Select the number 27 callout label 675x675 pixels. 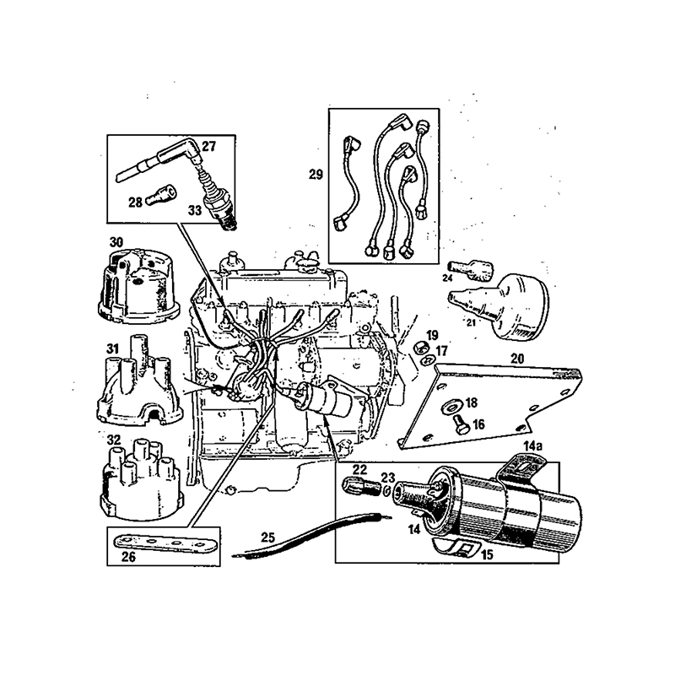coord(208,146)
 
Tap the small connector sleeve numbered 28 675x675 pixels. coord(161,196)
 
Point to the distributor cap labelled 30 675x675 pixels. coord(138,284)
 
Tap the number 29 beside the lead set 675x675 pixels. coord(316,175)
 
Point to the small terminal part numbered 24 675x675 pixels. coord(472,269)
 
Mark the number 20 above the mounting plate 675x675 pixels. coord(517,358)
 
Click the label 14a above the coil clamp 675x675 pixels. coord(532,446)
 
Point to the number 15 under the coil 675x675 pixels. coord(488,554)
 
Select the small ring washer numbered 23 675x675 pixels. coord(386,490)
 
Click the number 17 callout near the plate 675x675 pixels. coord(441,351)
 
